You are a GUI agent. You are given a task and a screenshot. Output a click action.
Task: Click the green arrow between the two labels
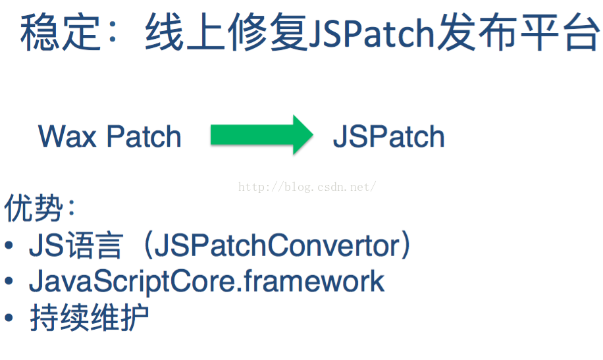pos(260,135)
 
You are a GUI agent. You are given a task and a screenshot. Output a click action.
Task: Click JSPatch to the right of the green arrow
pos(388,137)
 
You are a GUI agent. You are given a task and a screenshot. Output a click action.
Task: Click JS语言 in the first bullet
pos(75,246)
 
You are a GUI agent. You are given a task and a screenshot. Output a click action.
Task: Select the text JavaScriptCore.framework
pos(207,282)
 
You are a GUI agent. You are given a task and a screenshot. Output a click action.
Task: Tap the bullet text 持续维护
pos(89,318)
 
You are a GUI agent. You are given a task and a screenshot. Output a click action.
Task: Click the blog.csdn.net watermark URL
pos(307,187)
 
